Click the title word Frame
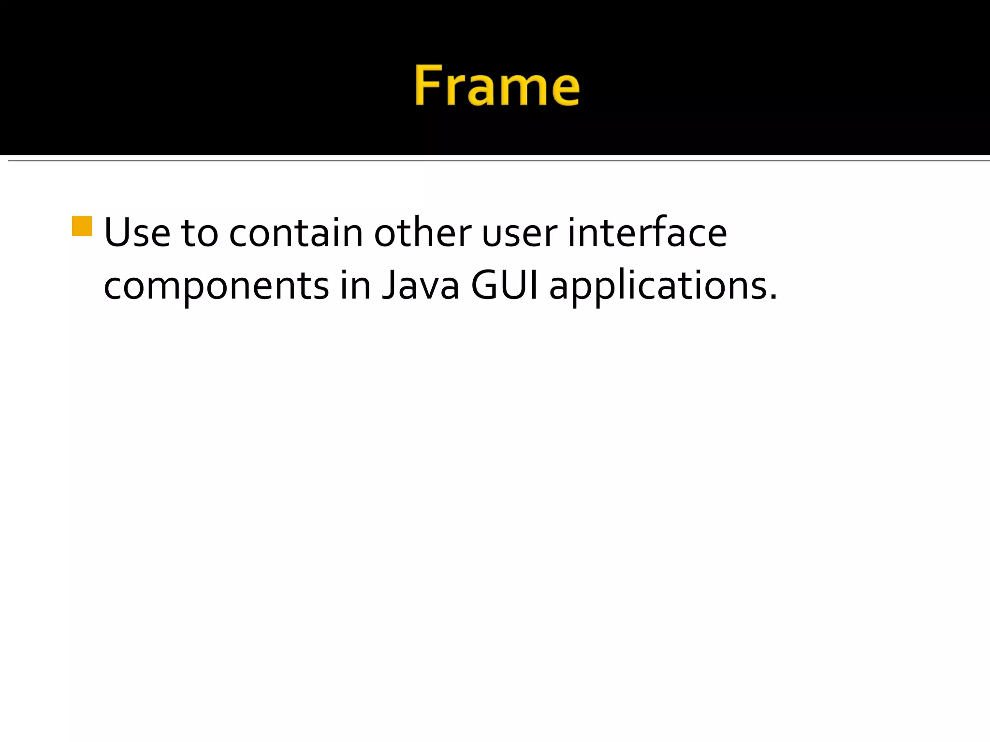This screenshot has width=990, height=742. coord(497,86)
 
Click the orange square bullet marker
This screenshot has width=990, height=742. coord(82,226)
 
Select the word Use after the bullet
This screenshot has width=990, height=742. coord(137,233)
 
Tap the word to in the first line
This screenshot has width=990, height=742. coord(199,234)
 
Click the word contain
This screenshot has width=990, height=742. coord(296,233)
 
